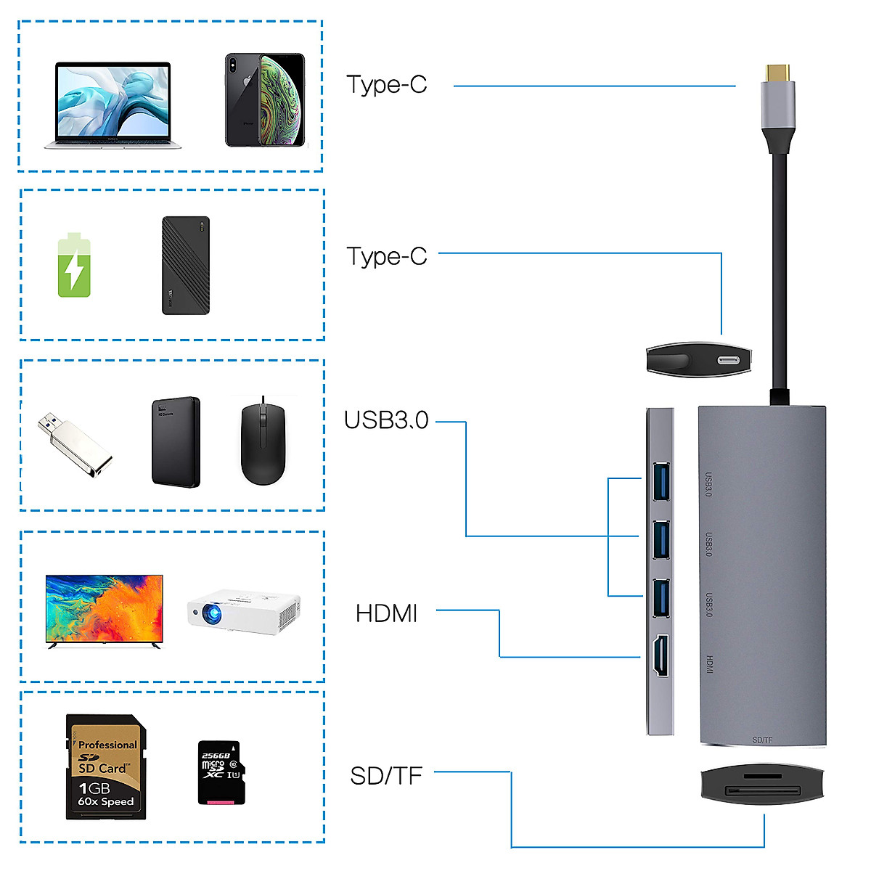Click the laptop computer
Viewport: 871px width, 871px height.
pyautogui.click(x=113, y=105)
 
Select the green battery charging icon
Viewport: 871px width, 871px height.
pyautogui.click(x=74, y=266)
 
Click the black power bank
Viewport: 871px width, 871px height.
pyautogui.click(x=186, y=266)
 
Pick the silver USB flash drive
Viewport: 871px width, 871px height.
pyautogui.click(x=75, y=445)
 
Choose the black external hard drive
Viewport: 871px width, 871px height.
pyautogui.click(x=176, y=442)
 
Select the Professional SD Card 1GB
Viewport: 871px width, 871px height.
pyautogui.click(x=106, y=767)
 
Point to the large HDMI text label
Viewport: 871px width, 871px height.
pyautogui.click(x=386, y=614)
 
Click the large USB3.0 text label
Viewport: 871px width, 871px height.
pyautogui.click(x=386, y=420)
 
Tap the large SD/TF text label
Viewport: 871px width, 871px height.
pyautogui.click(x=386, y=776)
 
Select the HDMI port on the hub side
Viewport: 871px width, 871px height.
pyautogui.click(x=661, y=656)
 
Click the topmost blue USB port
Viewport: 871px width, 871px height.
pyautogui.click(x=661, y=481)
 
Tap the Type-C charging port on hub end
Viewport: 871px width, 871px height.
pyautogui.click(x=728, y=361)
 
